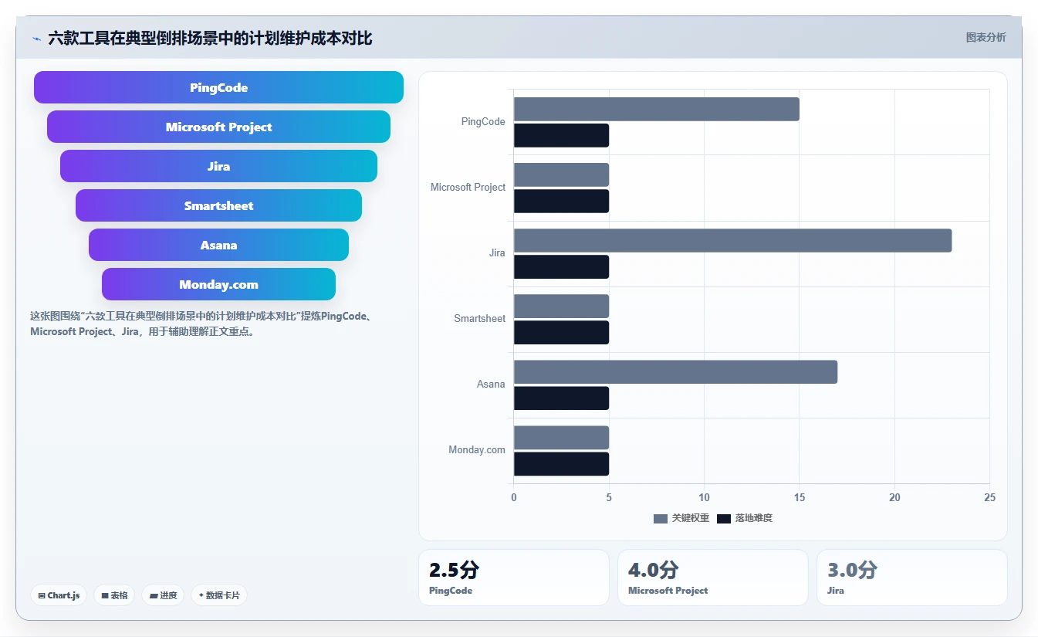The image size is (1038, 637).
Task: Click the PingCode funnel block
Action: point(218,87)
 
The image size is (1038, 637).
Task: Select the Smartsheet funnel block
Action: point(218,205)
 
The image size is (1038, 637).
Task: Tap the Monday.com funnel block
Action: point(218,284)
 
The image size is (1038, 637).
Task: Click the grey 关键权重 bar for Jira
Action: point(732,241)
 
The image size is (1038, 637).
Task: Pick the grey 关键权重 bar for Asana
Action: point(675,372)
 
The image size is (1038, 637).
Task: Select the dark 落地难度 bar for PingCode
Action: point(561,135)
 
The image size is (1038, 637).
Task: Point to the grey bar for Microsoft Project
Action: point(561,174)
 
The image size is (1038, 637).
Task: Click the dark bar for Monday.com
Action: point(561,463)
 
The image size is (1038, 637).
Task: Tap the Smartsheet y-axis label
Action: point(479,318)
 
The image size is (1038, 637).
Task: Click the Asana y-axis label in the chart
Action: point(491,384)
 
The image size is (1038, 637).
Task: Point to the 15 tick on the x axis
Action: point(800,497)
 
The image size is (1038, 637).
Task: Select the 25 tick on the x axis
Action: point(990,497)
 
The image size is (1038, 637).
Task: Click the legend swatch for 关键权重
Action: point(661,518)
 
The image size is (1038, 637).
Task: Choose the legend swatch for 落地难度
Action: point(724,518)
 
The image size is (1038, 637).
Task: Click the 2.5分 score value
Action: point(454,570)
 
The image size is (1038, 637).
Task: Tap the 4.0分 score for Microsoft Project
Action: point(654,570)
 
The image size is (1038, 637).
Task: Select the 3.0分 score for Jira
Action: point(852,570)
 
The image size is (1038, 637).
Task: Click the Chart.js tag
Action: point(59,595)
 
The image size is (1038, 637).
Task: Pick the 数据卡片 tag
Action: point(219,595)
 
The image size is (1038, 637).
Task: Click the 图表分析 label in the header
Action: point(986,37)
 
